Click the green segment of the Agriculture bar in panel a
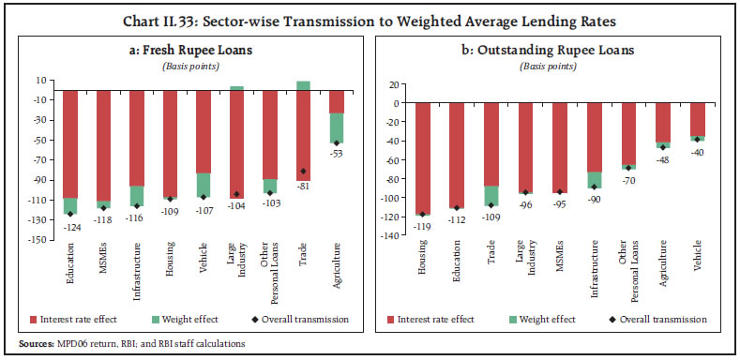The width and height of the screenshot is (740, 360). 336,127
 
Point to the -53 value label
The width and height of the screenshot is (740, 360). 336,153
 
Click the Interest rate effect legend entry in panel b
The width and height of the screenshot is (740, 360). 445,319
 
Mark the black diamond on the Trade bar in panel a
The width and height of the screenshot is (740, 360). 303,172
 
